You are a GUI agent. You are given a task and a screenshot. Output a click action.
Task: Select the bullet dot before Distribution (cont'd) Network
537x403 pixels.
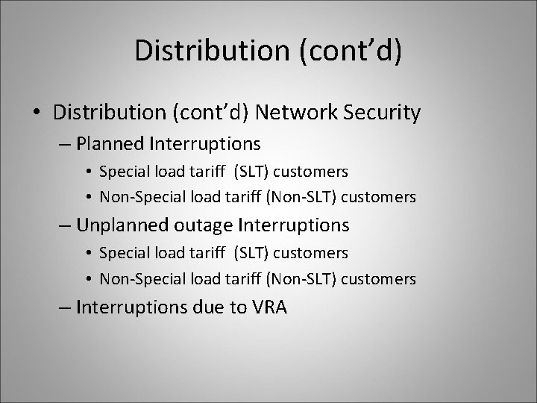37,113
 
